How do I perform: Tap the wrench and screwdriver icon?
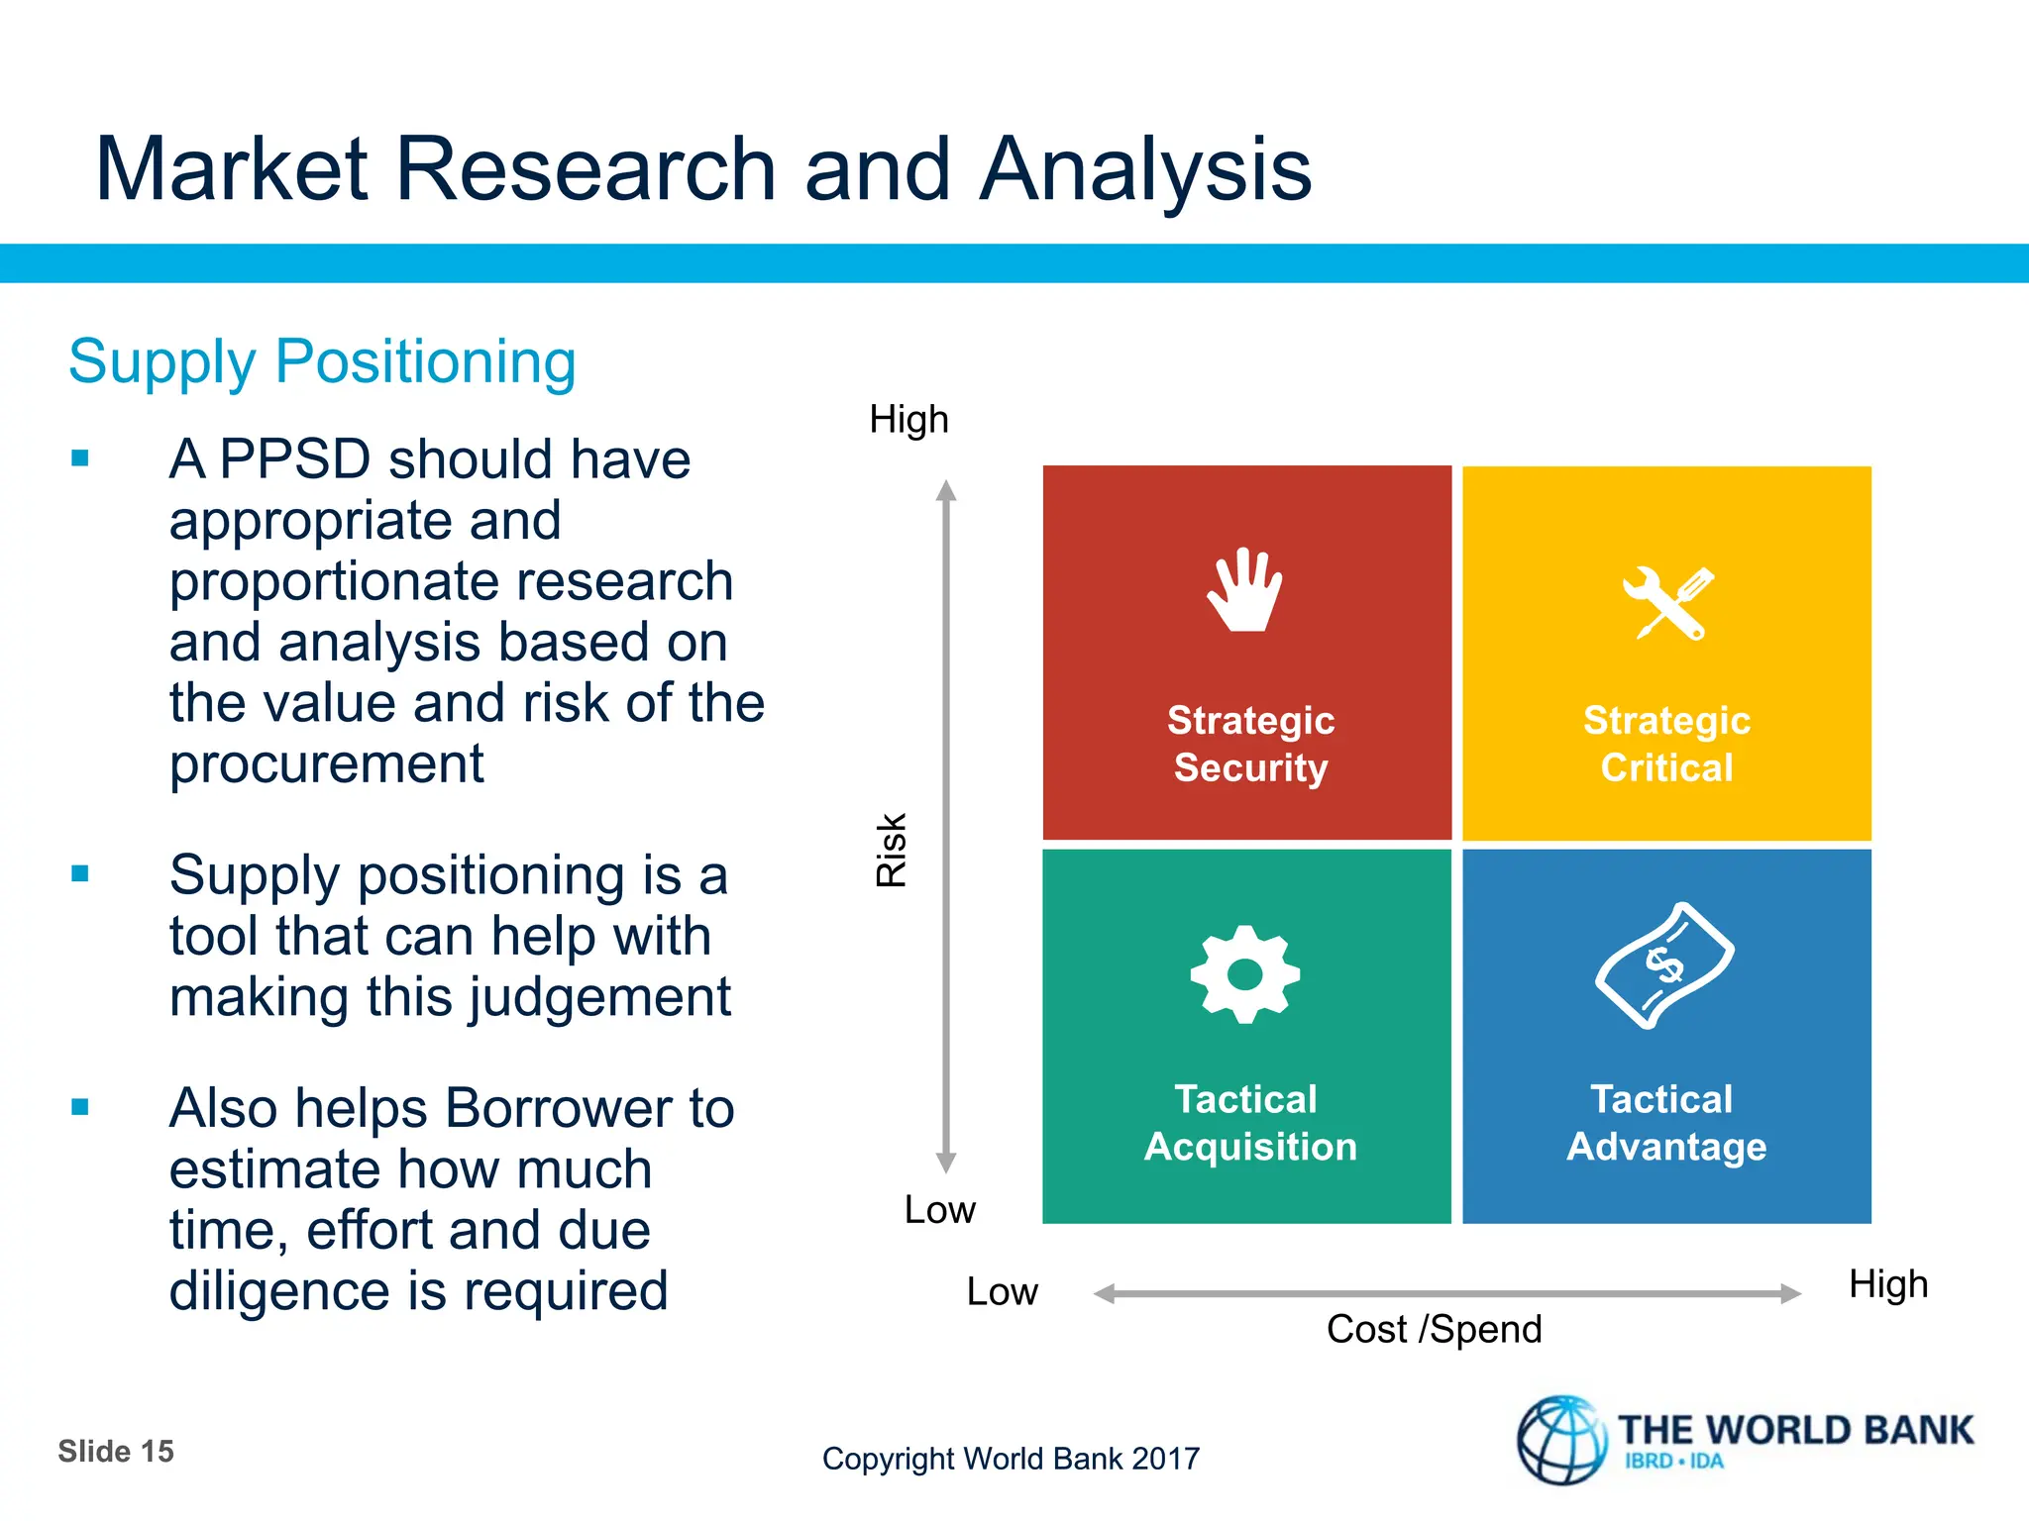1667,603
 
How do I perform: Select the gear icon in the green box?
1244,974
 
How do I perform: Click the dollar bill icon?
1664,965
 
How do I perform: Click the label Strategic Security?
1250,744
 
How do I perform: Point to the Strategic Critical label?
1666,744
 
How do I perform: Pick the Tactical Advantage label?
1665,1123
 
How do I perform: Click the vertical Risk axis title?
892,850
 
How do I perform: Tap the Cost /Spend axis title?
1434,1329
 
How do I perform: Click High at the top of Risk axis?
908,420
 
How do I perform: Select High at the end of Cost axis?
1887,1284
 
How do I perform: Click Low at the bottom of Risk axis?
939,1209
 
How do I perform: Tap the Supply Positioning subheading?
322,361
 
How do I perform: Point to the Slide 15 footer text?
116,1452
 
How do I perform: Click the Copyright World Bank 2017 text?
1011,1459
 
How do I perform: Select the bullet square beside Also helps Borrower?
80,1107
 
